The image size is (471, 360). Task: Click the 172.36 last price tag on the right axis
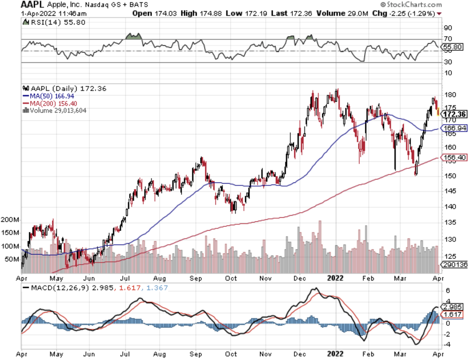(x=455, y=114)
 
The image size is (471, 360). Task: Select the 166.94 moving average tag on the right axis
(x=454, y=129)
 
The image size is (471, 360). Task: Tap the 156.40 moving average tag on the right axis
(x=454, y=158)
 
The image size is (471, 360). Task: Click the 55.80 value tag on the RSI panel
(x=452, y=47)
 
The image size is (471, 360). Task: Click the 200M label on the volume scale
(x=11, y=220)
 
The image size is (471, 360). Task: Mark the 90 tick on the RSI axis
(x=447, y=28)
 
